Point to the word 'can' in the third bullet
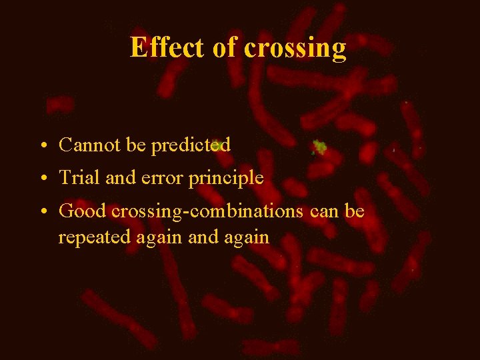click(x=324, y=211)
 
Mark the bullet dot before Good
click(x=42, y=212)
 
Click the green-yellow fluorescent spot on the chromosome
click(x=320, y=147)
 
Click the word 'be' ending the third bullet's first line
click(x=355, y=211)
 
